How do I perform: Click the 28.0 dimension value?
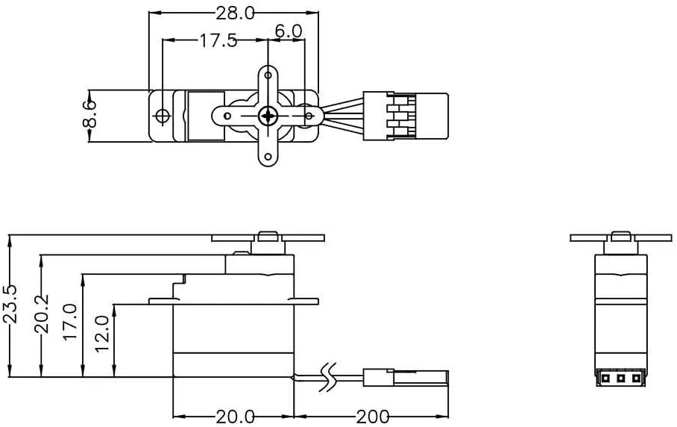234,13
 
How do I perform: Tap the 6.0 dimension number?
287,31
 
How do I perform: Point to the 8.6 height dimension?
89,115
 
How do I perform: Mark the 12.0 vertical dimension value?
103,333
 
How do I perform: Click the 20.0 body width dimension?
234,416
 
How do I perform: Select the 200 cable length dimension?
372,416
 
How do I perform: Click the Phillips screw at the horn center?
267,116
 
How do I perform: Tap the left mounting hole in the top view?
162,116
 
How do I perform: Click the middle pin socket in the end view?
620,378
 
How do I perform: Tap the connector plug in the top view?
406,116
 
